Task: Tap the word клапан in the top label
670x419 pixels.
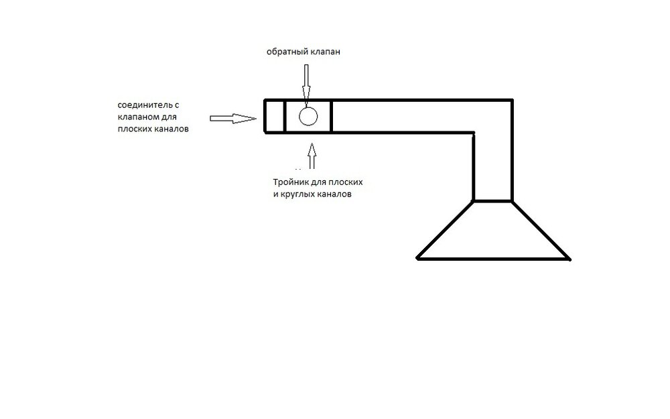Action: (x=326, y=52)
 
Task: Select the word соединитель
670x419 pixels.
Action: (x=145, y=105)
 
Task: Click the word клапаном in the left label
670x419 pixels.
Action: (x=136, y=117)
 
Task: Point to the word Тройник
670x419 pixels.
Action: (x=291, y=182)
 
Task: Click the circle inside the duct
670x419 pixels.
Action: (x=308, y=116)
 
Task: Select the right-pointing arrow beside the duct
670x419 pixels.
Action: (x=233, y=119)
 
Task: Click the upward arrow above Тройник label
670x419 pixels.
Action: (x=312, y=156)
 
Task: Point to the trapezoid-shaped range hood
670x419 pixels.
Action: (x=494, y=230)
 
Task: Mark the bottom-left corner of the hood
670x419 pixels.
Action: (x=417, y=259)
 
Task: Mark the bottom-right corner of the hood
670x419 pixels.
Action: (x=570, y=259)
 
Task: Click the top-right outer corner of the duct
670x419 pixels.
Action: (x=513, y=100)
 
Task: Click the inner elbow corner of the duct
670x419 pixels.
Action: (x=474, y=133)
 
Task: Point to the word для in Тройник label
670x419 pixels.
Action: (x=318, y=182)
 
